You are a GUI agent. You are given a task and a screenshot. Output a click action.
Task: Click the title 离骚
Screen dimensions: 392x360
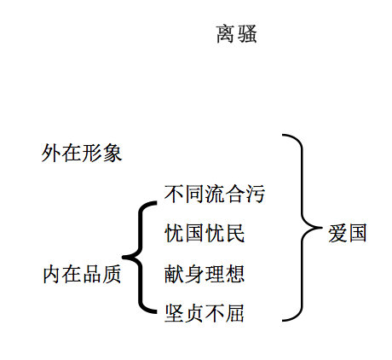237,34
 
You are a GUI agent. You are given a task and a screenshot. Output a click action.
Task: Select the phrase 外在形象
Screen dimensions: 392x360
82,153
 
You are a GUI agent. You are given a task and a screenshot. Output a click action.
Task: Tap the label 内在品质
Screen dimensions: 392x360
82,274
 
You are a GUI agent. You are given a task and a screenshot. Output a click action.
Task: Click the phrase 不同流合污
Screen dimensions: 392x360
215,194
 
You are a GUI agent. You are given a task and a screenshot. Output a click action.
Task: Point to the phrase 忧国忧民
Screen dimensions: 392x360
205,233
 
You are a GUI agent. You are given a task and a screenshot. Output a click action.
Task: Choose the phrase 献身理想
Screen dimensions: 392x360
205,274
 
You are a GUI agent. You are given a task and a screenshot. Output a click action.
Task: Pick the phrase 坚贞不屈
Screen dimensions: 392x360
205,313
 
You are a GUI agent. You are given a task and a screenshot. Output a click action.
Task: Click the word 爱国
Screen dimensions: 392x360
347,233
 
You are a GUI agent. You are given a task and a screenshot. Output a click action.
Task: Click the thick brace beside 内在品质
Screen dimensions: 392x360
140,258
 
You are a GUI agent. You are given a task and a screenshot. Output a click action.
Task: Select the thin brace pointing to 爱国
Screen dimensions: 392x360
303,228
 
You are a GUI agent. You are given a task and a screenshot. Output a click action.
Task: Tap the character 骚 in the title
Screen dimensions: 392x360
247,34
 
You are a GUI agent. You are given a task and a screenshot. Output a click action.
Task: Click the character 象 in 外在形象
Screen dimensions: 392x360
112,153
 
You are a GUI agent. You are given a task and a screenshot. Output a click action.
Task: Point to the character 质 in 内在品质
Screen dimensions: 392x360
112,274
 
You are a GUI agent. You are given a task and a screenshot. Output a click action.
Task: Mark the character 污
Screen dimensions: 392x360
256,194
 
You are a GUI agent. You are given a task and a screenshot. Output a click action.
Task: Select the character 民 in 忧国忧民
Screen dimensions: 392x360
235,233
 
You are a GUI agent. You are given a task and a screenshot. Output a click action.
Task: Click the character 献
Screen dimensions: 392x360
174,274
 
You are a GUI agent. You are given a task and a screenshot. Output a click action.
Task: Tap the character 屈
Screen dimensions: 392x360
235,313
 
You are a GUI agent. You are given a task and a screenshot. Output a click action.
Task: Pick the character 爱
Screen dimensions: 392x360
337,233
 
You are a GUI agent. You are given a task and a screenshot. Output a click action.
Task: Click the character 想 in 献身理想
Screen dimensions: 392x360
235,274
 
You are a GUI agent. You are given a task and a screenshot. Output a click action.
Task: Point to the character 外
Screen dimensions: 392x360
51,153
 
